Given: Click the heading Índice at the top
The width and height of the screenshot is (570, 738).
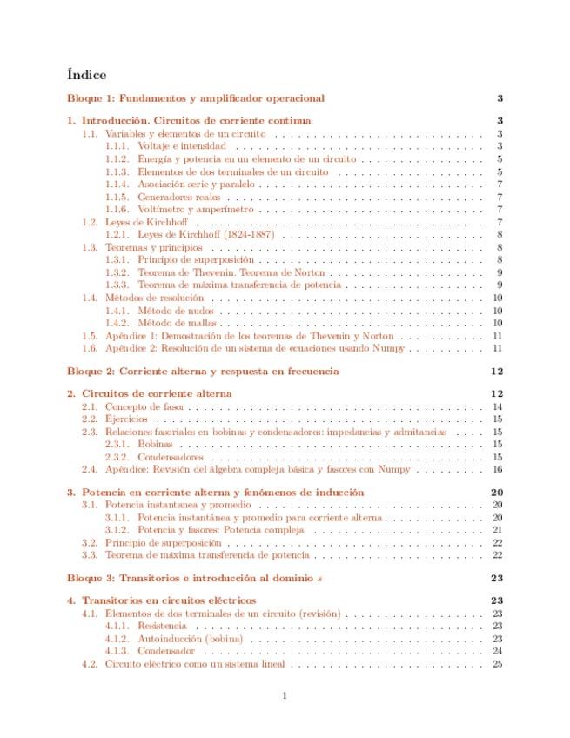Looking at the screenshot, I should (x=86, y=75).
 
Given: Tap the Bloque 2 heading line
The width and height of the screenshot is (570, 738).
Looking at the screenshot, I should (x=203, y=371).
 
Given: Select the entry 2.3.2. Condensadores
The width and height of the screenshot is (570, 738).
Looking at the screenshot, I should (x=171, y=457).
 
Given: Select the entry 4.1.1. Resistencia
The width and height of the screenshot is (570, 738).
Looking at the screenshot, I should (x=162, y=626).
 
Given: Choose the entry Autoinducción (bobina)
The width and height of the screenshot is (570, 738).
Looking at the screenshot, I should (x=190, y=639).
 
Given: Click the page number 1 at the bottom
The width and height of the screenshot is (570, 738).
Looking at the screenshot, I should (x=285, y=694).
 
